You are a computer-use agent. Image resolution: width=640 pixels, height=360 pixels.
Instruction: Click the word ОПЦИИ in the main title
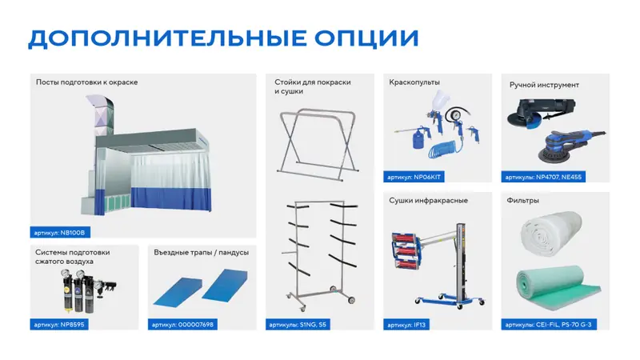pos(366,38)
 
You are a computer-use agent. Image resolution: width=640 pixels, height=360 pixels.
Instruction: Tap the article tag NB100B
pos(60,233)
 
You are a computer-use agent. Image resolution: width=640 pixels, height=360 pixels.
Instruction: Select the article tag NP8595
pos(59,325)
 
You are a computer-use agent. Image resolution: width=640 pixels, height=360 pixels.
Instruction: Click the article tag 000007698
pos(182,325)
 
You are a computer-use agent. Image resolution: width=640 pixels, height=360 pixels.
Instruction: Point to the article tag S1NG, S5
pos(298,325)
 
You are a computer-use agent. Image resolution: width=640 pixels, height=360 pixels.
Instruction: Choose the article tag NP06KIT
pos(414,177)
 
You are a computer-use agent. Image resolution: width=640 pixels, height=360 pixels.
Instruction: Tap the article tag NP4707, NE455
pos(543,177)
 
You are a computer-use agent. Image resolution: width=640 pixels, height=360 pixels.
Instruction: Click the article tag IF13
pos(406,325)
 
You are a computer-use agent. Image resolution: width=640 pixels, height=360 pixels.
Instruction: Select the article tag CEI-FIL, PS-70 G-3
pos(549,325)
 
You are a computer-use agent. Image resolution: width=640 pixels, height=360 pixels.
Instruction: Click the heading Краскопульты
pos(414,82)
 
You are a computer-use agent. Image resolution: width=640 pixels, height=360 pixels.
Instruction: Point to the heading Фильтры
pos(523,201)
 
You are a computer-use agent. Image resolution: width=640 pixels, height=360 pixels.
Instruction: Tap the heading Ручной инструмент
pos(544,85)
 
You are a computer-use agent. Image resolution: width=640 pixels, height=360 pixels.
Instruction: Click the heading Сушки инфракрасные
pos(428,201)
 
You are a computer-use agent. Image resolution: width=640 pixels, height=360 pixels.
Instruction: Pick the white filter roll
pos(551,233)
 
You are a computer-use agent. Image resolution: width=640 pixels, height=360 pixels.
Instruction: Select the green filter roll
pos(557,286)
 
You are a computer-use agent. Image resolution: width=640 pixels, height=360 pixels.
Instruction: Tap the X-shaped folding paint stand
pos(317,144)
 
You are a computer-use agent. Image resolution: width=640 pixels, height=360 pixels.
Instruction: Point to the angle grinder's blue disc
pos(533,123)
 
